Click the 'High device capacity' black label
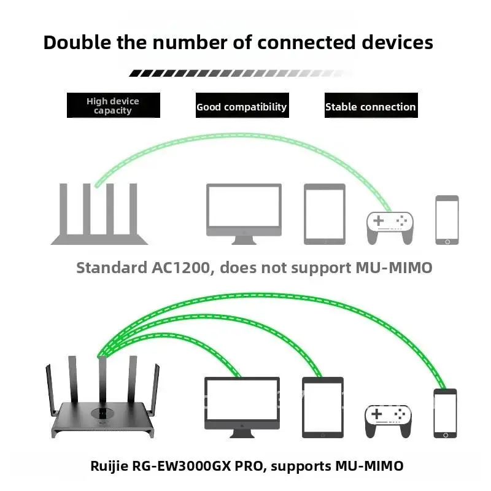click(x=113, y=106)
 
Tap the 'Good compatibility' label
click(x=241, y=106)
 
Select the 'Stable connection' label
click(x=370, y=106)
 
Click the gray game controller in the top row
click(x=390, y=228)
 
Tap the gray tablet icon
click(x=325, y=214)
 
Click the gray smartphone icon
click(x=447, y=220)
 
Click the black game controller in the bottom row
click(x=389, y=421)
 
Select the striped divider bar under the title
click(x=241, y=73)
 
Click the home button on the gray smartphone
click(x=447, y=241)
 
